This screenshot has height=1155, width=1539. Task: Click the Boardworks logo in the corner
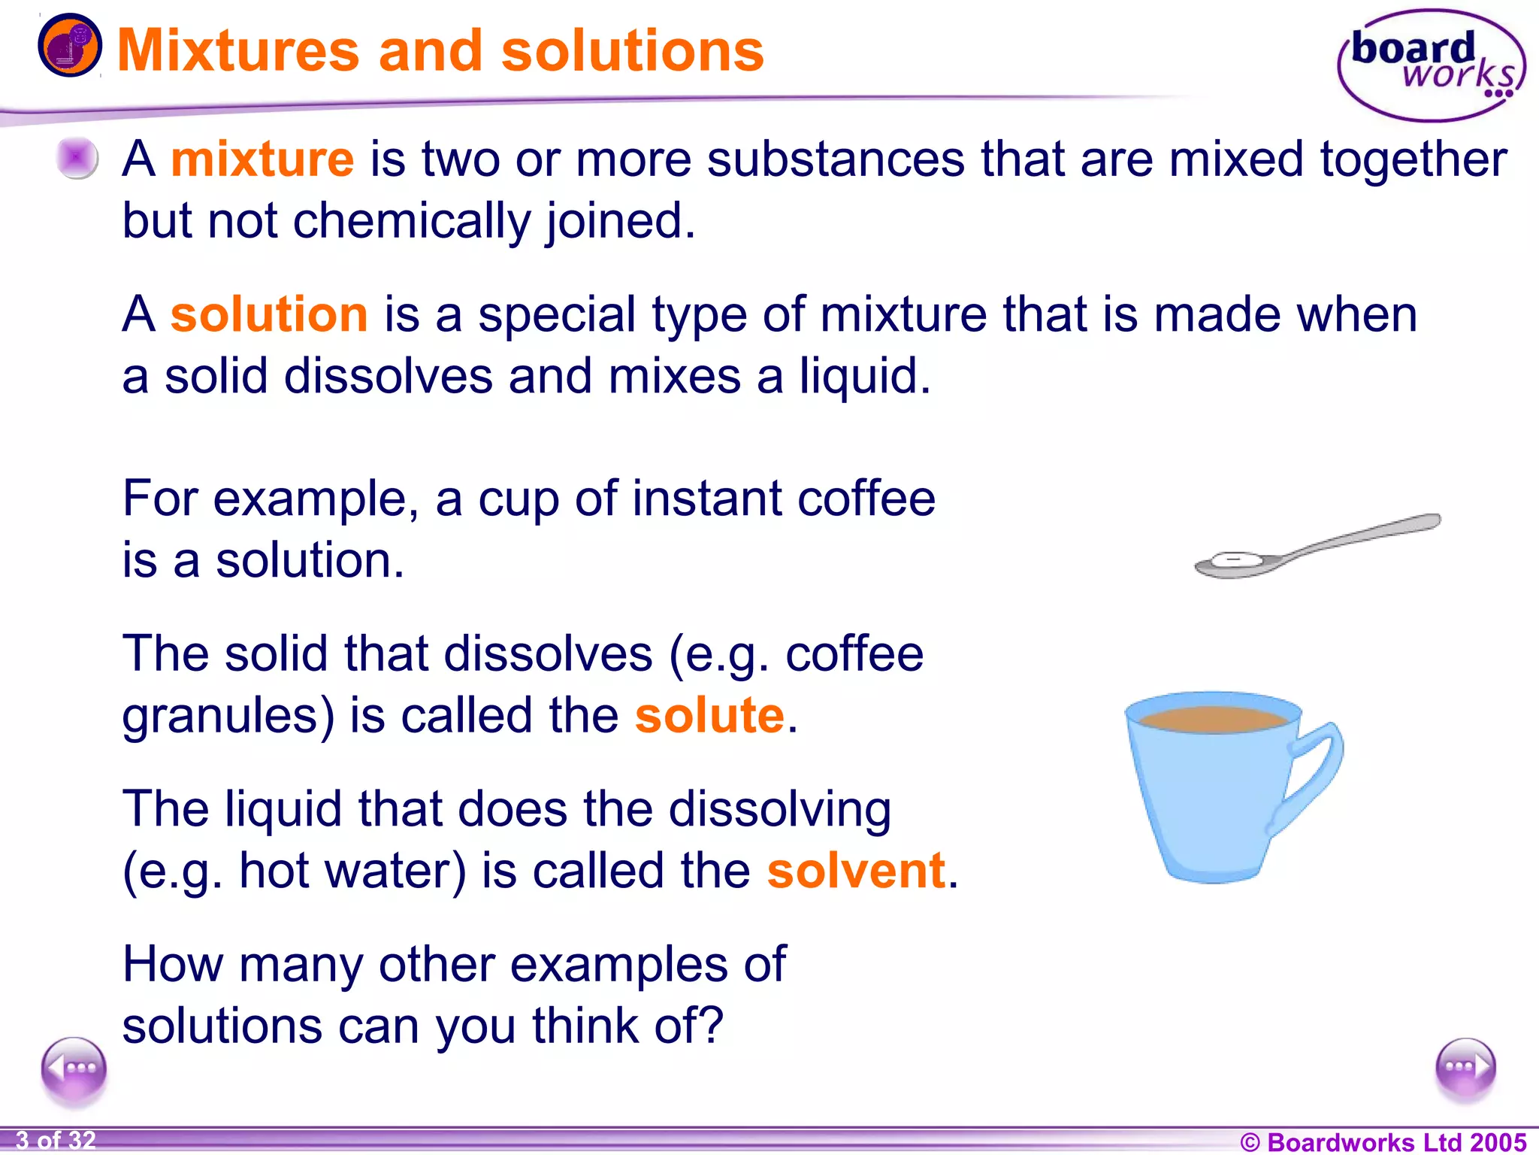(x=1431, y=65)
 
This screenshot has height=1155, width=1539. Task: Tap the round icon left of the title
(x=70, y=47)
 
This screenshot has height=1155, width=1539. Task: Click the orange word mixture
(x=262, y=159)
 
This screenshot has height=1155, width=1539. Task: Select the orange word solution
(x=269, y=314)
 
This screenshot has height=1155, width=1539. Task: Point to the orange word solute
(x=709, y=714)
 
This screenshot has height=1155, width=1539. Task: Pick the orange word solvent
(x=856, y=870)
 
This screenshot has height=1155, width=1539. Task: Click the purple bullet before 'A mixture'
(x=77, y=158)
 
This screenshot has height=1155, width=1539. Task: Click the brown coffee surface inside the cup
(x=1213, y=720)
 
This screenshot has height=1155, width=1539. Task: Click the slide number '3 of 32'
(x=56, y=1141)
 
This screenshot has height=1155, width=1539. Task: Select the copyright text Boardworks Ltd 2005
(x=1383, y=1142)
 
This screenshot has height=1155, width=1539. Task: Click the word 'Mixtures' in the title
(x=238, y=51)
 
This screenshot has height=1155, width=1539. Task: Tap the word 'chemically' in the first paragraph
(x=412, y=221)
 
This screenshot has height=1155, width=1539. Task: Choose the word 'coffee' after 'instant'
(x=866, y=499)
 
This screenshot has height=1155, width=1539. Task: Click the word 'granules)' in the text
(x=228, y=715)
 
